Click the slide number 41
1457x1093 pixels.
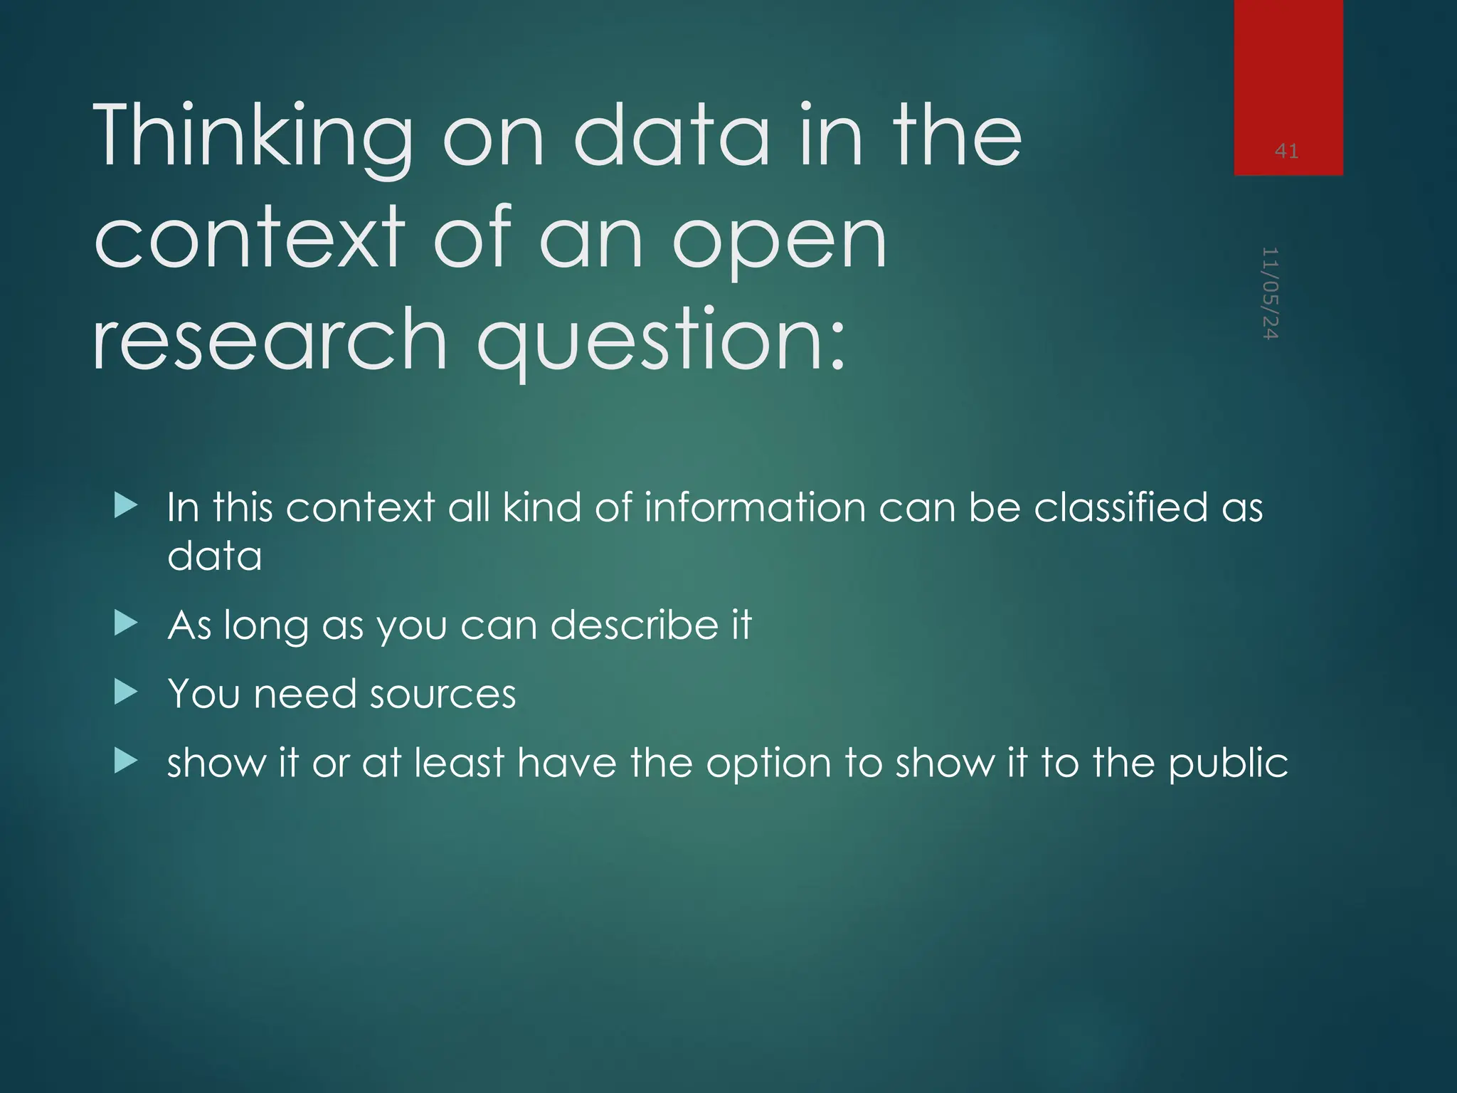1286,151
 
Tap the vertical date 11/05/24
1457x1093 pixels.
1271,293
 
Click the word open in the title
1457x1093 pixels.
780,239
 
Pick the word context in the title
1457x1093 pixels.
249,238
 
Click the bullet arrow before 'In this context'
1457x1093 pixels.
125,506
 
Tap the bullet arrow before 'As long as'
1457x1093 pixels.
125,624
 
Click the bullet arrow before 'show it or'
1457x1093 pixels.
125,761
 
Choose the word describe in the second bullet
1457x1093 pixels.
635,625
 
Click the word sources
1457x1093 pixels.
443,694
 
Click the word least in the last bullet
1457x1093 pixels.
459,762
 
